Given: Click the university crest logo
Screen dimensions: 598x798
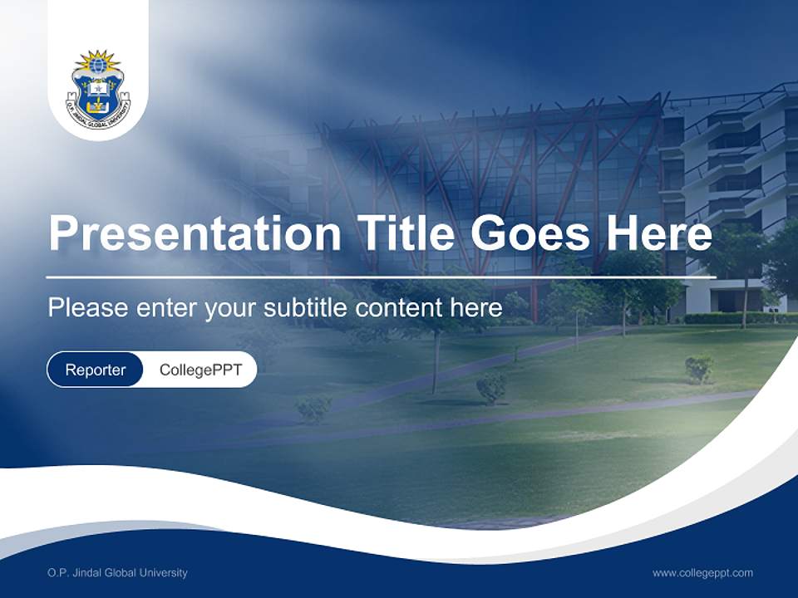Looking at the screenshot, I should click(98, 87).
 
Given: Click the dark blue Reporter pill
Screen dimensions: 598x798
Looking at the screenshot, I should click(96, 370).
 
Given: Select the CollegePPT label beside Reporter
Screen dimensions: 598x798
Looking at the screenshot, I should click(200, 370).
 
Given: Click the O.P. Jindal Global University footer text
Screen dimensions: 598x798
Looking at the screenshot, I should click(117, 572).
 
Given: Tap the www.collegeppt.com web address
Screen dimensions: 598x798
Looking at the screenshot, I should click(702, 572).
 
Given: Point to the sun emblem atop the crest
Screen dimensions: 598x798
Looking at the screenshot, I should click(98, 62).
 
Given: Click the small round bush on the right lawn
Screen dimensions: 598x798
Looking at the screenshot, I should click(699, 367).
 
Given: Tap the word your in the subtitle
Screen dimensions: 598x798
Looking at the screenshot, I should click(232, 308).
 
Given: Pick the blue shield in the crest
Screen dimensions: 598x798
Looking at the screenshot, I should click(98, 93).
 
